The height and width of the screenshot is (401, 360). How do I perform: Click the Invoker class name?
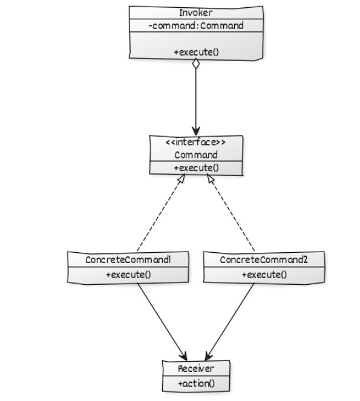click(x=196, y=13)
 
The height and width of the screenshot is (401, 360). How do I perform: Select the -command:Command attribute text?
click(x=196, y=25)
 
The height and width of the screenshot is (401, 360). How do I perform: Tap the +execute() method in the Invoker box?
click(x=197, y=52)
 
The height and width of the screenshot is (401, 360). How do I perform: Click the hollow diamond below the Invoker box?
click(x=196, y=64)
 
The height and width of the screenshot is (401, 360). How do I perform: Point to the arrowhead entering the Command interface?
click(x=196, y=131)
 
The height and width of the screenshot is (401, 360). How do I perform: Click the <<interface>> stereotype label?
click(x=196, y=142)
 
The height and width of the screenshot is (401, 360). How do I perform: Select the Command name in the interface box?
click(x=196, y=155)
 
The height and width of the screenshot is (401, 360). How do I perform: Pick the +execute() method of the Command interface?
click(x=197, y=168)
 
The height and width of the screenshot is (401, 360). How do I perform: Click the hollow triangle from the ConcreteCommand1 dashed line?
click(x=182, y=178)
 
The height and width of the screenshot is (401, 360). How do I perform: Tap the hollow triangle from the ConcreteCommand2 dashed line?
click(x=211, y=178)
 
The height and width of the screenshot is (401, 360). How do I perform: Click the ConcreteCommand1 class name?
click(x=128, y=260)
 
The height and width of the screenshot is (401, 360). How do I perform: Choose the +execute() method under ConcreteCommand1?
click(x=128, y=275)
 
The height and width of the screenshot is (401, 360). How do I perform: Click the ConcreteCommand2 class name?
click(x=264, y=260)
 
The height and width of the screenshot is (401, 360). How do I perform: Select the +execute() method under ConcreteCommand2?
click(x=264, y=275)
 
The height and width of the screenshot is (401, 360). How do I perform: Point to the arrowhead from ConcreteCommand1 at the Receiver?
click(x=184, y=356)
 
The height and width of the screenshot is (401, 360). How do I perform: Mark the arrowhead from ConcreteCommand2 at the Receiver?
click(x=208, y=356)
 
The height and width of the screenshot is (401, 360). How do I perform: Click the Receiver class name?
click(x=196, y=368)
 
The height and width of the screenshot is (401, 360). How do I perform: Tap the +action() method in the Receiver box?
click(x=196, y=383)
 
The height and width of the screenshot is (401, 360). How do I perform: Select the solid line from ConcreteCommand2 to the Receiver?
click(x=231, y=321)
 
